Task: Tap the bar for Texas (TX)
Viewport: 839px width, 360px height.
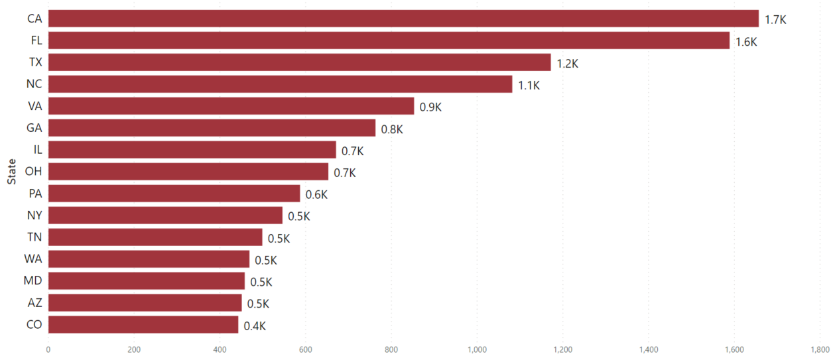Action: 299,62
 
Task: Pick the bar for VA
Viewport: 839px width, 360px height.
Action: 231,106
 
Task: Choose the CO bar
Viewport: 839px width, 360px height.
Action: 143,325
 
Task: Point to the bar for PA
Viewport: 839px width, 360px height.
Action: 174,194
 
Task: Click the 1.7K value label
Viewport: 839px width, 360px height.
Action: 775,20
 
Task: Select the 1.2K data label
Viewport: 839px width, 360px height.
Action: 567,64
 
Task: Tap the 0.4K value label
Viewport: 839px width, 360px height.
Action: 255,326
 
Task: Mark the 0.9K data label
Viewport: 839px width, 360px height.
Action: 430,107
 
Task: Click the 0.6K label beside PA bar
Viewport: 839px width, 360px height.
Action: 316,195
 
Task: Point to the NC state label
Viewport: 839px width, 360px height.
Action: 34,84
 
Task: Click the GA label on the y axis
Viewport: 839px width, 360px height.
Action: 34,128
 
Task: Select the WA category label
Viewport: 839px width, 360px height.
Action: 33,259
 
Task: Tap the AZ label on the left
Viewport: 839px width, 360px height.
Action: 35,303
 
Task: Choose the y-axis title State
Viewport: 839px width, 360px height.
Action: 11,171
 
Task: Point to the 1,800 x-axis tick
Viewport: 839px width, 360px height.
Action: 819,349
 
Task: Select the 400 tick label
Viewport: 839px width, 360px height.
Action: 220,349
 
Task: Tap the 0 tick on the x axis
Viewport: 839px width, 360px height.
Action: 48,349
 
